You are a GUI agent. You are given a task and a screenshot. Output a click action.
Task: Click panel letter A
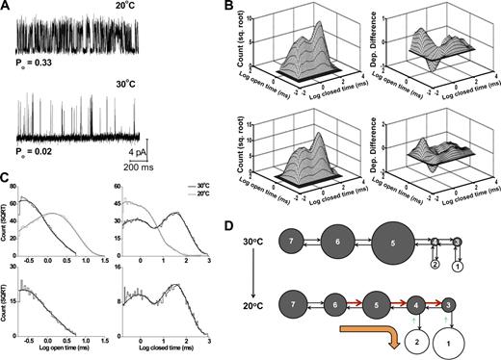(x=7, y=7)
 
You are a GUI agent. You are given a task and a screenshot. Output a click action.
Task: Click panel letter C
(x=7, y=176)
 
